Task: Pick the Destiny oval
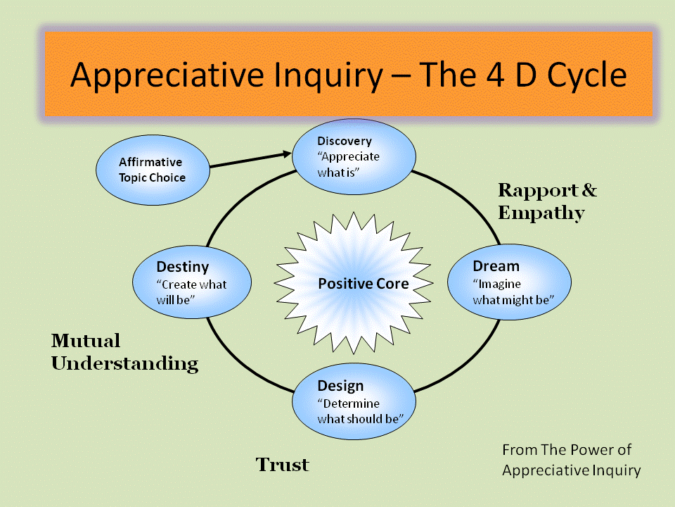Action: point(191,282)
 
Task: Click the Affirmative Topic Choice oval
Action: point(153,170)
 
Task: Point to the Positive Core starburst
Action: point(364,284)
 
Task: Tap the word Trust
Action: point(282,465)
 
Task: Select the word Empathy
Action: point(541,213)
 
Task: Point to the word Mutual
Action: point(86,342)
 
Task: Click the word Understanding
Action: point(125,364)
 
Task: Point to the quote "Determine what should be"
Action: point(359,411)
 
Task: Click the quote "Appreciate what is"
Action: point(349,163)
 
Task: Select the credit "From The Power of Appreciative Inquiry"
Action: point(571,459)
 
